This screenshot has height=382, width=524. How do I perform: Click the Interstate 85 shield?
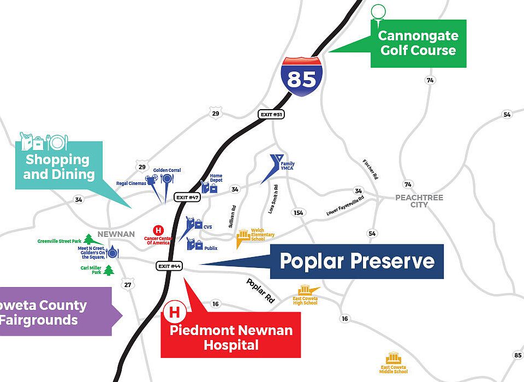coord(301,76)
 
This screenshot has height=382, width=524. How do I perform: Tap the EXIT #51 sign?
coord(271,115)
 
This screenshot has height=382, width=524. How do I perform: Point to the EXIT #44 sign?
coord(169,266)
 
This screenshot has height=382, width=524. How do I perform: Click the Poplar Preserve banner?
coord(357,261)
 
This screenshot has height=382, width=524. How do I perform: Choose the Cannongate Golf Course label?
coord(418,43)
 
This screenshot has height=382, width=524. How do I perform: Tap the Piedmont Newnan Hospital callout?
coord(231,337)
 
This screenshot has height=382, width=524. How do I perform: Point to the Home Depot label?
coord(216,179)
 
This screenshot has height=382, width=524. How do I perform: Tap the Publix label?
coord(211,248)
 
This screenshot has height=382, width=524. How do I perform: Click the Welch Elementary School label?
coord(262,235)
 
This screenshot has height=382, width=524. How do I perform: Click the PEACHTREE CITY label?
coord(419,201)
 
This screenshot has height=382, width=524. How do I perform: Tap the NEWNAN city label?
coord(116,234)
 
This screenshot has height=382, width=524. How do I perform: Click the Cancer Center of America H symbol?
coord(159,230)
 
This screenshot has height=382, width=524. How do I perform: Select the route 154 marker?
coord(298,213)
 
